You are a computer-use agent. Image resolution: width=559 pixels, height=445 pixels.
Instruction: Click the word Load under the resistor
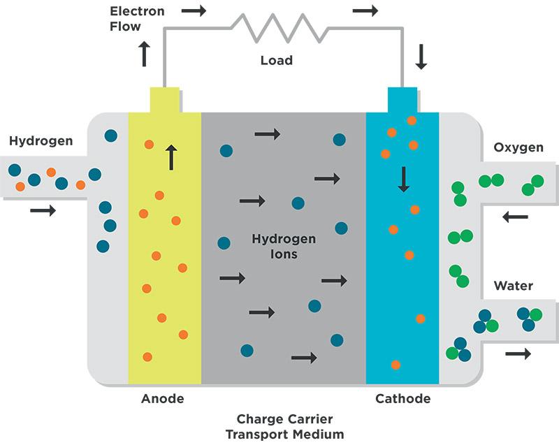point(276,60)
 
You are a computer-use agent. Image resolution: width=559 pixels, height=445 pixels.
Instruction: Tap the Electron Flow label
point(136,19)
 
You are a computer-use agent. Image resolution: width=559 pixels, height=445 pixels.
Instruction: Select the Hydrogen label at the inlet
point(41,141)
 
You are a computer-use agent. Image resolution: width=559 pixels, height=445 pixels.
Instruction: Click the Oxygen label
point(518,148)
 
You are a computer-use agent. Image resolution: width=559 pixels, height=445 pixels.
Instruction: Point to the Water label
point(514,286)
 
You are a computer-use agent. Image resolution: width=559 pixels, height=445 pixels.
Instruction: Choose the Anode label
point(162,399)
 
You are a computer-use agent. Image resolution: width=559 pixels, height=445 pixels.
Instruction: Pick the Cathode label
point(402,399)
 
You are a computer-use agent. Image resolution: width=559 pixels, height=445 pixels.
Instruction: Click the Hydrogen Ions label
point(284,247)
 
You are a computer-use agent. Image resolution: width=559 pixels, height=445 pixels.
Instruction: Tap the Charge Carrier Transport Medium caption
point(284,427)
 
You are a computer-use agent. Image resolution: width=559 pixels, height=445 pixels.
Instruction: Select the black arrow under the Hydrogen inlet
point(43,210)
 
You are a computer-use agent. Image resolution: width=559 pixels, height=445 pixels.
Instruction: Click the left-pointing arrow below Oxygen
point(515,217)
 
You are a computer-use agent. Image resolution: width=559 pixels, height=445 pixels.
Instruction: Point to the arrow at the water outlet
point(518,354)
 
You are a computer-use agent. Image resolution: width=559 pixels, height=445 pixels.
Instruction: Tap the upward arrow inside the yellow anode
point(170,157)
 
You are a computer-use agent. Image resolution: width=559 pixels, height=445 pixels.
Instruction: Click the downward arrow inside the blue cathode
point(403,179)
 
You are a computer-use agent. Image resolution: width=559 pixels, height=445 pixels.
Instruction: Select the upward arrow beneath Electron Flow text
point(145,54)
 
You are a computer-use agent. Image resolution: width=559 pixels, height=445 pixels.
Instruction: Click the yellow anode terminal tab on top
point(165,100)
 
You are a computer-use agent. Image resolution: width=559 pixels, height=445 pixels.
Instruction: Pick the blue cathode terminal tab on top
point(402,100)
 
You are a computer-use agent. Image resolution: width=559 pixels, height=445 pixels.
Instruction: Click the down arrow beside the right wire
point(421,57)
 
